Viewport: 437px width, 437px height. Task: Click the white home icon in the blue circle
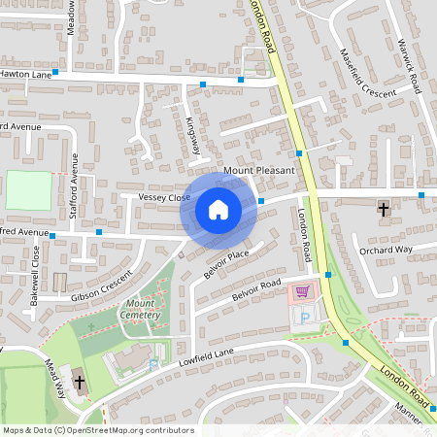coord(218,209)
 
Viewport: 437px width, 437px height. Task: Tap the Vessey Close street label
coord(164,198)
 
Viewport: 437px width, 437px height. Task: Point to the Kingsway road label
coord(192,136)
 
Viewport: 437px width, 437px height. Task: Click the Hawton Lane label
coord(23,73)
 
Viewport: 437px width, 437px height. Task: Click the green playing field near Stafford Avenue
coord(28,190)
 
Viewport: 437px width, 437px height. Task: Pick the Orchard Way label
coord(386,250)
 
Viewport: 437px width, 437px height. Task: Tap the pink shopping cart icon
coord(303,290)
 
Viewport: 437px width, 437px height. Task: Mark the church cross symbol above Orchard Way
coord(383,209)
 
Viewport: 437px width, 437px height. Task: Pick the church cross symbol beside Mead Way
coord(78,381)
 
